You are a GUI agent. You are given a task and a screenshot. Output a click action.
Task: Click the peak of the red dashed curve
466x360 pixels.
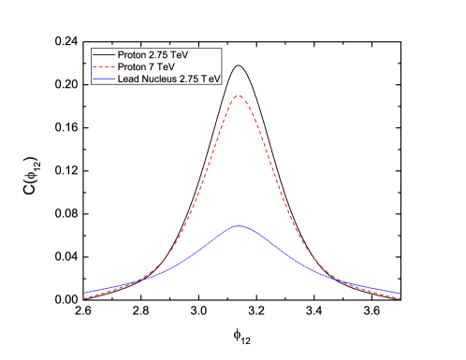240,96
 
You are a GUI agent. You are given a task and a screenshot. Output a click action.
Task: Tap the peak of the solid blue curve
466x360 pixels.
240,226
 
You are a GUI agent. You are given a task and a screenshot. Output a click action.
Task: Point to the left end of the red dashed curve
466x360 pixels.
83,297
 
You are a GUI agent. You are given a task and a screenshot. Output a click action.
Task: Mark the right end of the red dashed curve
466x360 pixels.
401,297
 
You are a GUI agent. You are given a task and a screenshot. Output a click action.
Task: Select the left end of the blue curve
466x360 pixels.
83,292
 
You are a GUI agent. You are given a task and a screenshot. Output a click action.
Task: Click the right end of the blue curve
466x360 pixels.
401,292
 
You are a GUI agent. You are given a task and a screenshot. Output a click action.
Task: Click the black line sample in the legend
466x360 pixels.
103,56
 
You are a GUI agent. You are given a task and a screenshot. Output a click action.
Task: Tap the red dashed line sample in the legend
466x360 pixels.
103,68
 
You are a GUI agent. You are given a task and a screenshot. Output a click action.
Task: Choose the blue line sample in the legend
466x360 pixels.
103,80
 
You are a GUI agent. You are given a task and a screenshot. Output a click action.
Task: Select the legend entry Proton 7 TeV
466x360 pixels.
148,68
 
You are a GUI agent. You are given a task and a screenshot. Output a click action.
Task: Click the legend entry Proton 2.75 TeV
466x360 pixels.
153,56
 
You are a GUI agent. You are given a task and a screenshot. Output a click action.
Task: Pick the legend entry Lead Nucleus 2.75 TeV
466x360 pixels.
168,80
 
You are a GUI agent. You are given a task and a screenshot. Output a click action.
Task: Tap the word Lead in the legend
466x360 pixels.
127,80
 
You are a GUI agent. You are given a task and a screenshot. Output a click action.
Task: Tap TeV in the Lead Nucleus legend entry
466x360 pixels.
211,80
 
